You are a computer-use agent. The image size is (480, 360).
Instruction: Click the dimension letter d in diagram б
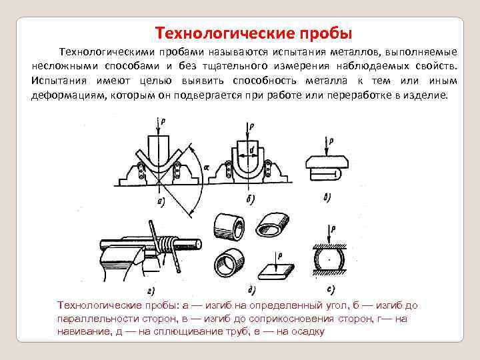click(x=252, y=151)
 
